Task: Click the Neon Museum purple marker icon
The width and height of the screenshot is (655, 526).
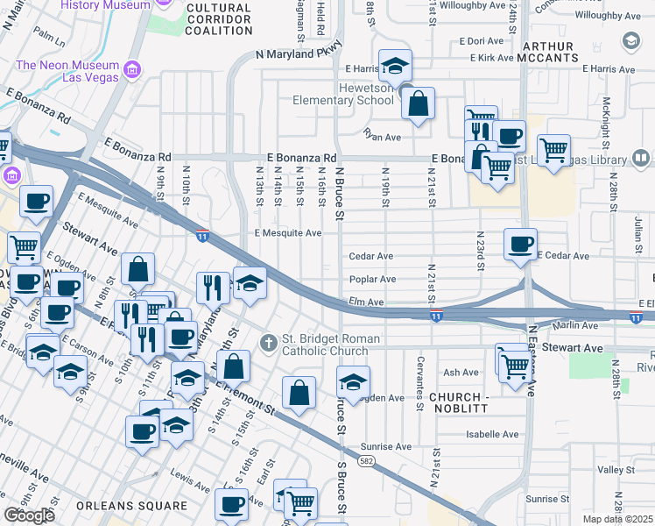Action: tap(132, 68)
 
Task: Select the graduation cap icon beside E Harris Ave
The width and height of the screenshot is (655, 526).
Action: tap(395, 66)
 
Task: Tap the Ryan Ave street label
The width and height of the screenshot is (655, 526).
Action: tap(382, 136)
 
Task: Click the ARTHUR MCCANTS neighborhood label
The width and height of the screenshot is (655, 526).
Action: tap(549, 53)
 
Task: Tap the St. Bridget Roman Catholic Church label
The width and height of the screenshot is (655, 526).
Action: tap(330, 345)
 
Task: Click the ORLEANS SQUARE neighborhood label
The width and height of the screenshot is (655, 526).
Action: tap(131, 506)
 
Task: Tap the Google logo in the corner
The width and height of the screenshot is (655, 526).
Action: tap(29, 515)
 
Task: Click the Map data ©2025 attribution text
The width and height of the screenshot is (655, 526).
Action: tap(618, 519)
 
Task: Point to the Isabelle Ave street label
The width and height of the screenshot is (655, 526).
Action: tap(492, 434)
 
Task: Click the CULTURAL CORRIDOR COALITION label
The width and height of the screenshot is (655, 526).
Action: tap(220, 18)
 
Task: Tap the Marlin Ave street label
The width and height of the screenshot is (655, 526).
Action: tap(578, 325)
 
